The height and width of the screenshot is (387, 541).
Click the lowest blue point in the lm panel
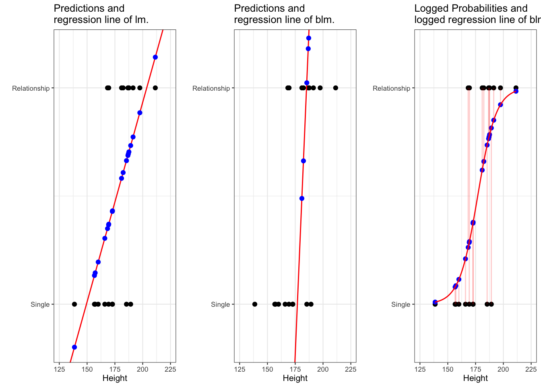(x=74, y=347)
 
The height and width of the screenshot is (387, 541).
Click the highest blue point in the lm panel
(x=155, y=57)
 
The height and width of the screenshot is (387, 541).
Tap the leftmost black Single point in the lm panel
(x=74, y=304)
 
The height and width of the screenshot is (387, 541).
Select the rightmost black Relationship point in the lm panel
(x=155, y=88)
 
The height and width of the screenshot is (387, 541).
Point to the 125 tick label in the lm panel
(x=59, y=370)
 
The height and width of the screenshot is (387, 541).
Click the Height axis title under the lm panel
(x=115, y=378)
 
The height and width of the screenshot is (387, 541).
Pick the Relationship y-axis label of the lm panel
(x=31, y=88)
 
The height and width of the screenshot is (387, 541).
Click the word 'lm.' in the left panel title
(x=141, y=19)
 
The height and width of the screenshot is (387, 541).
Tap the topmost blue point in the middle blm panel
(x=309, y=38)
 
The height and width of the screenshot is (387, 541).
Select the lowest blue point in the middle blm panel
(x=302, y=198)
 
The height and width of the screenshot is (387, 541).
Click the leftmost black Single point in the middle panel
(x=254, y=304)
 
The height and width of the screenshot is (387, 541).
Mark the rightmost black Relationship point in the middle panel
(x=336, y=88)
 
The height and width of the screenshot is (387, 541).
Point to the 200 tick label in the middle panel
(x=323, y=370)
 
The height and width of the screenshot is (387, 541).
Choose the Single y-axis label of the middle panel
(x=220, y=304)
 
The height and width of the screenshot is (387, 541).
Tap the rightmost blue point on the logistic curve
(x=516, y=91)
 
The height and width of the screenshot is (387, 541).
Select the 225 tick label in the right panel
(x=531, y=370)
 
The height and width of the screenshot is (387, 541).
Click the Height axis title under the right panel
(x=475, y=378)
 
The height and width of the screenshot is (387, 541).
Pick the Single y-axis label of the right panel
(x=401, y=304)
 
